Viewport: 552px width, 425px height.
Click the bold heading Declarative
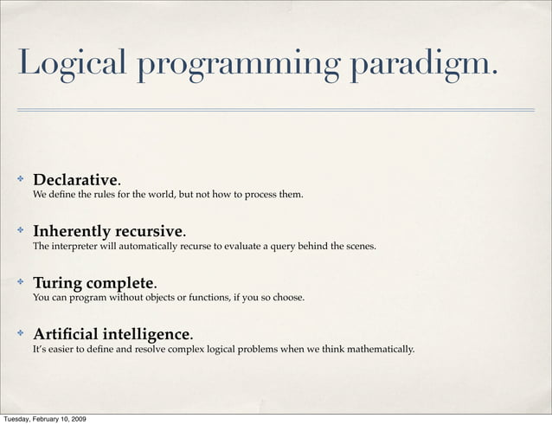click(x=75, y=180)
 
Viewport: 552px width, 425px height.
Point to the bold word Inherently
click(x=71, y=232)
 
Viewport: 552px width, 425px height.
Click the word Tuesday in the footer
click(x=18, y=419)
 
